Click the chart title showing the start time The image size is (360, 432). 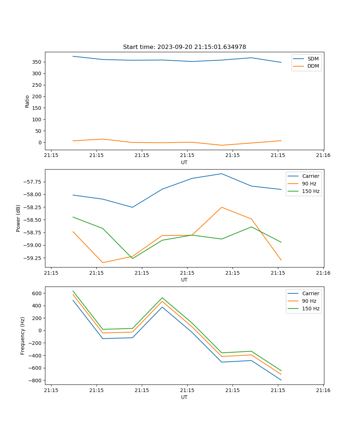point(184,47)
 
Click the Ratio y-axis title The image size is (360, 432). point(27,101)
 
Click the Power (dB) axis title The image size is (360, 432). point(18,218)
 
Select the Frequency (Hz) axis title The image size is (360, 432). point(23,336)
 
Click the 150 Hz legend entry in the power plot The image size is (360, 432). point(310,191)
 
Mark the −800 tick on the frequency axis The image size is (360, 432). point(36,381)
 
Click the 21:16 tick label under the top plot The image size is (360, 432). point(323,156)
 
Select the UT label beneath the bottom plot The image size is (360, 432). point(184,397)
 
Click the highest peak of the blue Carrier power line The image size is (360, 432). point(221,174)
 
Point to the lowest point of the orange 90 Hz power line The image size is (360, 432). point(103,262)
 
